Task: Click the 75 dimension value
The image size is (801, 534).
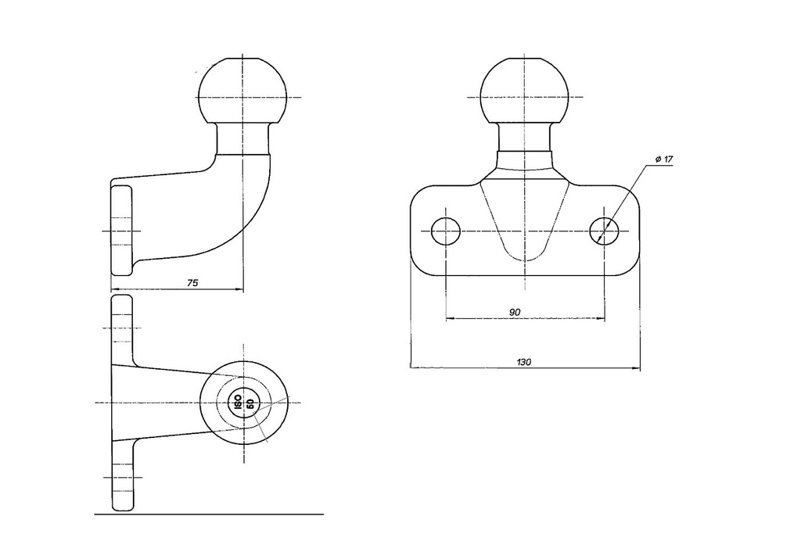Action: pyautogui.click(x=192, y=283)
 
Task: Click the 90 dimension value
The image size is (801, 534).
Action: pyautogui.click(x=515, y=312)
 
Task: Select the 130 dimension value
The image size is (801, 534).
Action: pyautogui.click(x=524, y=362)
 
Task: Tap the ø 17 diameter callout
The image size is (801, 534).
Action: pyautogui.click(x=664, y=159)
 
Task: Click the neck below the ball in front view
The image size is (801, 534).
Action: pyautogui.click(x=525, y=137)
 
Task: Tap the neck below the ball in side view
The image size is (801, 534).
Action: pyautogui.click(x=243, y=139)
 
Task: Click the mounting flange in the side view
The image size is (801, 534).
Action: pyautogui.click(x=121, y=231)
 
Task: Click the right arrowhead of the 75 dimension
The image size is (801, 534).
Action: pyautogui.click(x=239, y=289)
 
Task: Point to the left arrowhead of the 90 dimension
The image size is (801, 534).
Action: pyautogui.click(x=451, y=319)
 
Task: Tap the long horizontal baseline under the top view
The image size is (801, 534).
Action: pyautogui.click(x=209, y=514)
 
